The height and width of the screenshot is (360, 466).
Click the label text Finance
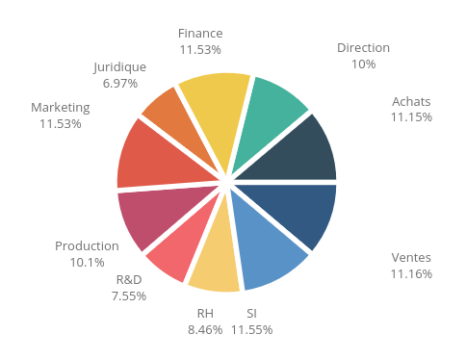pos(200,33)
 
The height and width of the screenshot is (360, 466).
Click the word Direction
pos(363,47)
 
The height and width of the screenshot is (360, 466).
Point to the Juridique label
pos(120,67)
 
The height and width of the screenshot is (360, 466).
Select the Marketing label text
pos(61,107)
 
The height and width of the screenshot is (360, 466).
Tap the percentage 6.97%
pos(120,83)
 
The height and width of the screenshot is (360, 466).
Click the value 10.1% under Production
pos(87,262)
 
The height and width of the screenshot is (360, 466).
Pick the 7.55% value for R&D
pos(129,296)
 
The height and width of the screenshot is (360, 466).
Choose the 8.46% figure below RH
pos(205,329)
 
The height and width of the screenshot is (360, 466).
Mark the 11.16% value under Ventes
pos(412,273)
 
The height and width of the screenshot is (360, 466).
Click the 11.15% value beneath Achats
pos(411,116)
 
